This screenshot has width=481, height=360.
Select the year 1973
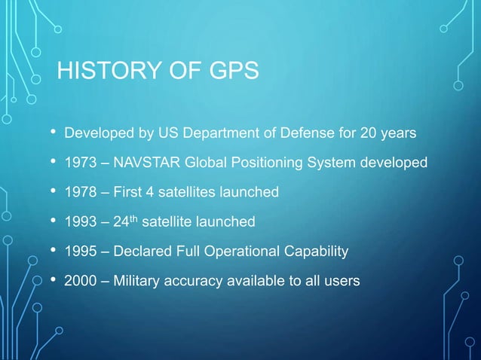tap(80, 163)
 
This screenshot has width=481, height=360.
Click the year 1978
tap(80, 193)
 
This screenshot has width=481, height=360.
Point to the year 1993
tap(80, 222)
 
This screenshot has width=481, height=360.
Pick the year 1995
tap(80, 252)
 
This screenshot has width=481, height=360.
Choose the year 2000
tap(80, 281)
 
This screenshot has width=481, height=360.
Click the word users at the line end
tap(342, 281)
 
